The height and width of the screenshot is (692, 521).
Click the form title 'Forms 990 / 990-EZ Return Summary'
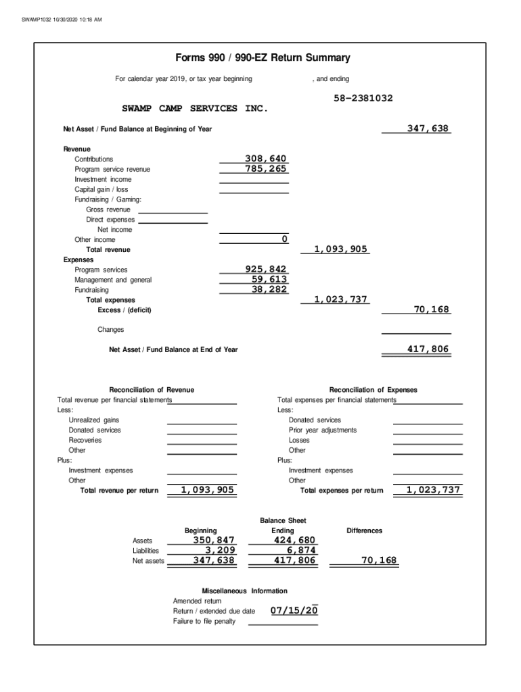(x=262, y=58)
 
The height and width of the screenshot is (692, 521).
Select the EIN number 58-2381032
(x=363, y=98)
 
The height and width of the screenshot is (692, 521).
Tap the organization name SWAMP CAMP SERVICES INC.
(x=195, y=108)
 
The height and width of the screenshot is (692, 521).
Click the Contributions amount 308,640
(x=266, y=159)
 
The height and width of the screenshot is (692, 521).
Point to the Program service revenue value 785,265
(x=266, y=169)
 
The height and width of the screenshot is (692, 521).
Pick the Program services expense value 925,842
(x=266, y=270)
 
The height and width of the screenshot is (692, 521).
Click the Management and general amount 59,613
(x=269, y=279)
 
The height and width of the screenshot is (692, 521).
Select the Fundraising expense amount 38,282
(x=269, y=289)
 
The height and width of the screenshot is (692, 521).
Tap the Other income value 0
(x=284, y=239)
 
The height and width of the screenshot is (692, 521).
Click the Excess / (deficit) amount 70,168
(x=432, y=310)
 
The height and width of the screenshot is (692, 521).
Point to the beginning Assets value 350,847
(x=214, y=540)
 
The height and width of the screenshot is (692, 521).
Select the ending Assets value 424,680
(x=294, y=540)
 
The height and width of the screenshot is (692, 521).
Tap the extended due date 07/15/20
(x=294, y=611)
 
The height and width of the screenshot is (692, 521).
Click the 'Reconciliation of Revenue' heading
(x=152, y=390)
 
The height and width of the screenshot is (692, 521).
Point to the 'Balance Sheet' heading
(x=283, y=520)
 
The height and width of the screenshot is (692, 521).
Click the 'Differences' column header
(x=364, y=530)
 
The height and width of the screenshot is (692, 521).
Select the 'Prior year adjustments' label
(x=322, y=430)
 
